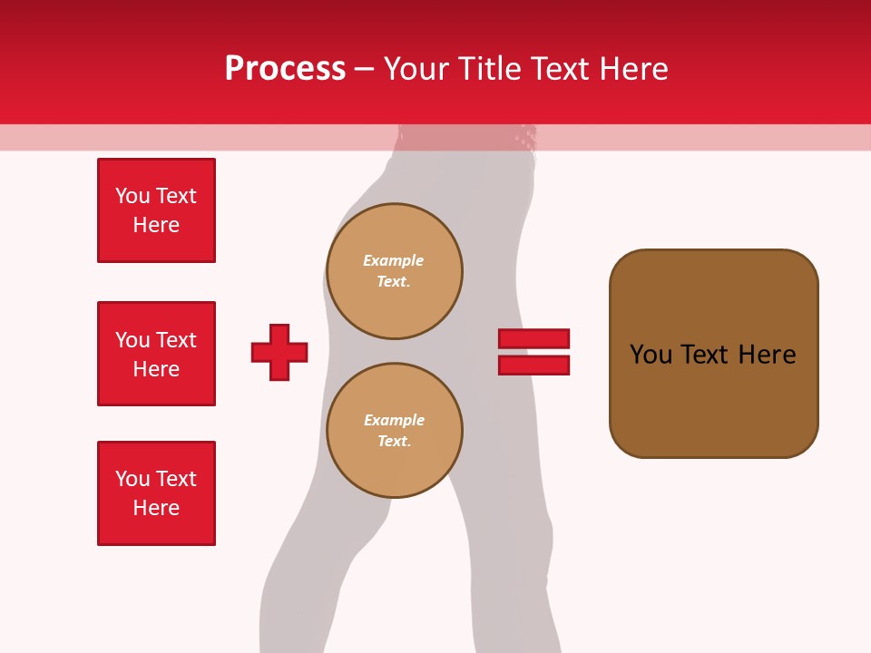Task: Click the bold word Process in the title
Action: coord(285,69)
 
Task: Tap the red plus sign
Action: coord(279,352)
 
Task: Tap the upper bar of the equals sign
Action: coord(533,338)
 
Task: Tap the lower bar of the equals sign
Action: coord(533,365)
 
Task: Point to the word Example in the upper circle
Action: coord(393,260)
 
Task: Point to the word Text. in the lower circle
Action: coord(394,442)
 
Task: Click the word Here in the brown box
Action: coord(767,355)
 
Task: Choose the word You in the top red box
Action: coord(132,196)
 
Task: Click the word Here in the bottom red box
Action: coord(156,508)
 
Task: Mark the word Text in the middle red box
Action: coord(175,340)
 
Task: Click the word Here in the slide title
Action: coord(634,69)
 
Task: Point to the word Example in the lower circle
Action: coord(394,420)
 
